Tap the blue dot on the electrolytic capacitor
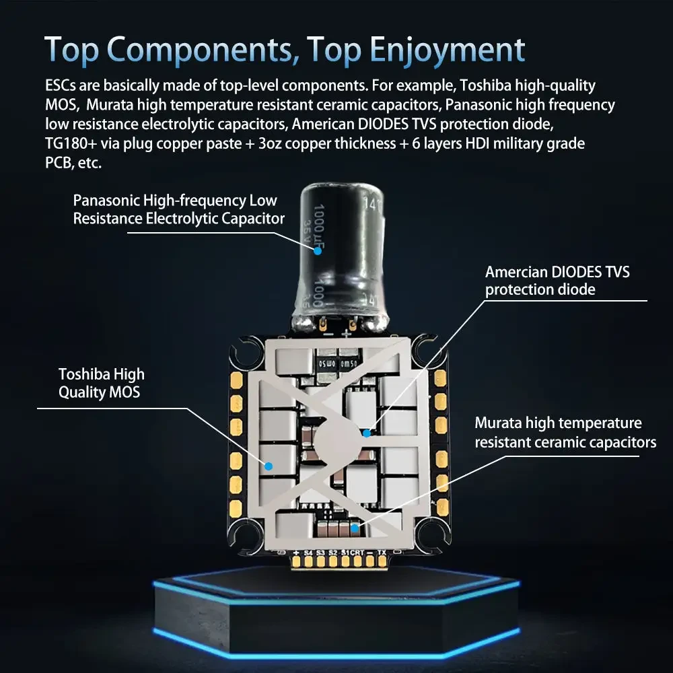click(317, 250)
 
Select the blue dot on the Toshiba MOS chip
click(268, 465)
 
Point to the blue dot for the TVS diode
click(367, 433)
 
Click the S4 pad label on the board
click(308, 553)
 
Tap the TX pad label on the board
click(382, 553)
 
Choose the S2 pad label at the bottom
click(332, 553)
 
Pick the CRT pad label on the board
click(357, 553)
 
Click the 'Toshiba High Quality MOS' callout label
click(101, 383)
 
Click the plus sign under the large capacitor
click(346, 333)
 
